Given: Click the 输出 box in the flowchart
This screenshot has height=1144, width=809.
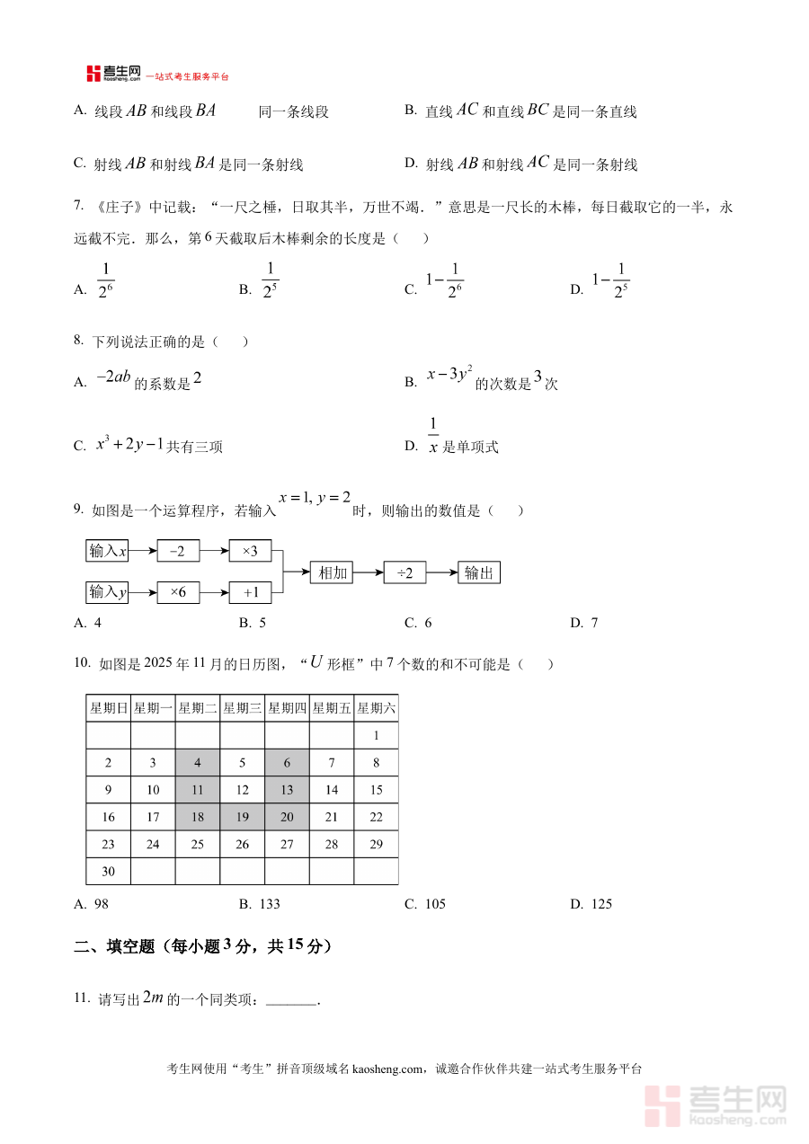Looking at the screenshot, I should (x=478, y=572).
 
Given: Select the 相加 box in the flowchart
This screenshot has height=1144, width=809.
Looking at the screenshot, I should (x=333, y=572).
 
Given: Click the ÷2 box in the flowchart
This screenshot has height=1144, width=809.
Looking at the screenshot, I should (x=404, y=572).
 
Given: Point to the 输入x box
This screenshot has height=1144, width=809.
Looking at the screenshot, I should (x=108, y=551).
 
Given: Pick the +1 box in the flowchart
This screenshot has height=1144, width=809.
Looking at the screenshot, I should (x=250, y=592).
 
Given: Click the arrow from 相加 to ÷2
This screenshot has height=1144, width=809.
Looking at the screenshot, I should (x=369, y=572).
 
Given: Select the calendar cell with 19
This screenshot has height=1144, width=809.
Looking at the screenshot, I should (x=242, y=817).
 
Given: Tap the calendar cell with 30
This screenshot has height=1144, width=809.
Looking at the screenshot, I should (x=108, y=871).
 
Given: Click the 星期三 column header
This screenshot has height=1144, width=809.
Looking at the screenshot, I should (x=242, y=708).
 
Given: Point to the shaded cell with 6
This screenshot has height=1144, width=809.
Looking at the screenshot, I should (x=287, y=763).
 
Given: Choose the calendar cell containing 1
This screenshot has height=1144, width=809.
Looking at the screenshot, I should (x=376, y=736).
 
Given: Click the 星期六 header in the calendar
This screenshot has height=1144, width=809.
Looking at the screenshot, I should (x=376, y=708).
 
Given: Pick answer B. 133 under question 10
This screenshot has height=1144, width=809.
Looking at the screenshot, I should (x=260, y=904).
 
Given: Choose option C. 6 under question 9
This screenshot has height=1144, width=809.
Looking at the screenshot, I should (x=419, y=623).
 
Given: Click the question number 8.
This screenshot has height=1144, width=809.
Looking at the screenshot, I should (x=79, y=341).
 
